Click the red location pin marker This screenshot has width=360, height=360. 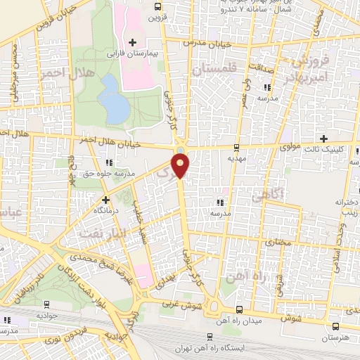pos(181,165)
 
